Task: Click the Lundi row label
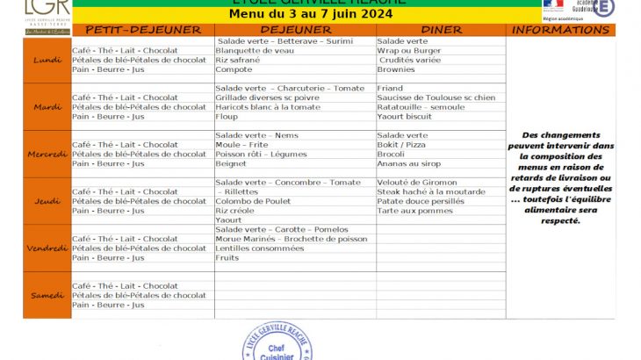(47, 60)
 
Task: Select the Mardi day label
(47, 107)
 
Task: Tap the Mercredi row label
(47, 154)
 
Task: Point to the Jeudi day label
(47, 201)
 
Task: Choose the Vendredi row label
(47, 248)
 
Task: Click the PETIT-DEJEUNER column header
(143, 30)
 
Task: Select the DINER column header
(441, 30)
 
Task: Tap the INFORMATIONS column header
(560, 30)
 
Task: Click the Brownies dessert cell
(396, 69)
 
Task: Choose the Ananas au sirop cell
(409, 163)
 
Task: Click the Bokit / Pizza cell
(402, 145)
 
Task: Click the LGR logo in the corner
(47, 16)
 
